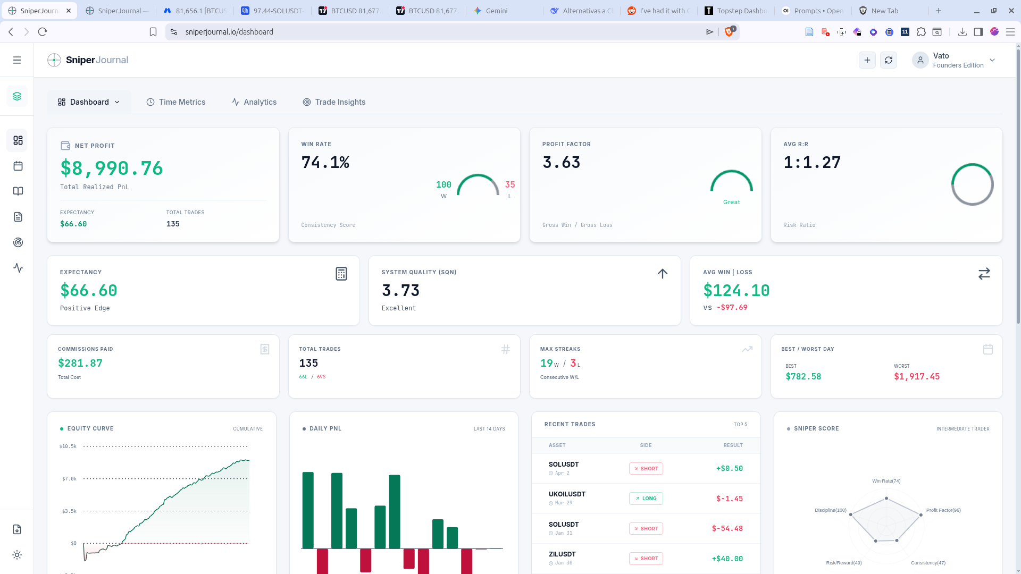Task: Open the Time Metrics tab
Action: coord(176,102)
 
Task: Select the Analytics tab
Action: coord(254,102)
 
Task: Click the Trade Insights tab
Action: coord(334,102)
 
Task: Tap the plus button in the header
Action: coord(867,60)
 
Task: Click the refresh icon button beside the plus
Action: coord(889,60)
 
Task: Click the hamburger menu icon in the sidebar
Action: coord(17,60)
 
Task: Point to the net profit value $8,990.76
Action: coord(112,168)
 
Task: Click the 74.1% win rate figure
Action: coord(325,162)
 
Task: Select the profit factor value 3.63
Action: coord(562,162)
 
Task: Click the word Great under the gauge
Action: coord(732,202)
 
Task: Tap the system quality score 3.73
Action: coord(401,290)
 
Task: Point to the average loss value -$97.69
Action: coord(732,307)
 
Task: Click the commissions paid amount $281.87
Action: coord(80,363)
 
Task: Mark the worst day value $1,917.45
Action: coord(917,376)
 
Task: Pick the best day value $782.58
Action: coord(804,376)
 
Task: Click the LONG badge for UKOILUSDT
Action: coord(646,499)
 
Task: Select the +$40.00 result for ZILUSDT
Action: coord(727,559)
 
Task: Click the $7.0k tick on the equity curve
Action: coord(69,479)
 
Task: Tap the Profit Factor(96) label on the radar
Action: coord(943,510)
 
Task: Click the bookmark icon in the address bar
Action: coord(153,32)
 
